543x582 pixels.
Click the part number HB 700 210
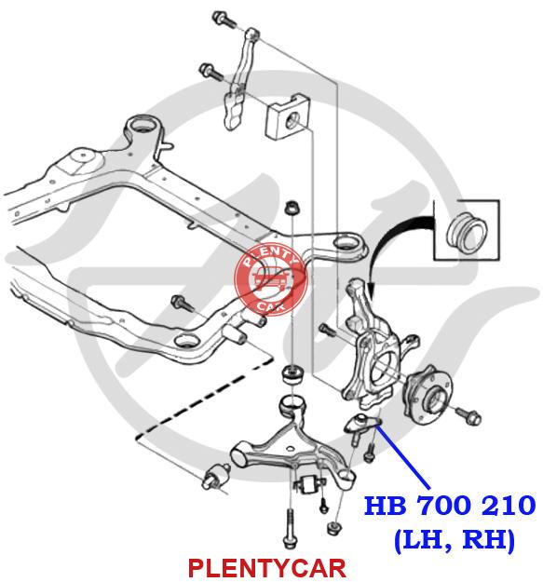[450, 505]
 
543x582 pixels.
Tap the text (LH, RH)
[455, 540]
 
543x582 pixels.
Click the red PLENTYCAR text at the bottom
[267, 568]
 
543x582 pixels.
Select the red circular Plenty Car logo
[271, 278]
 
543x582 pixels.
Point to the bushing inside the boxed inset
[467, 235]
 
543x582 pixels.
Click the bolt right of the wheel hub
[468, 416]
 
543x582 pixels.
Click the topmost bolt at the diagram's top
[224, 20]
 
